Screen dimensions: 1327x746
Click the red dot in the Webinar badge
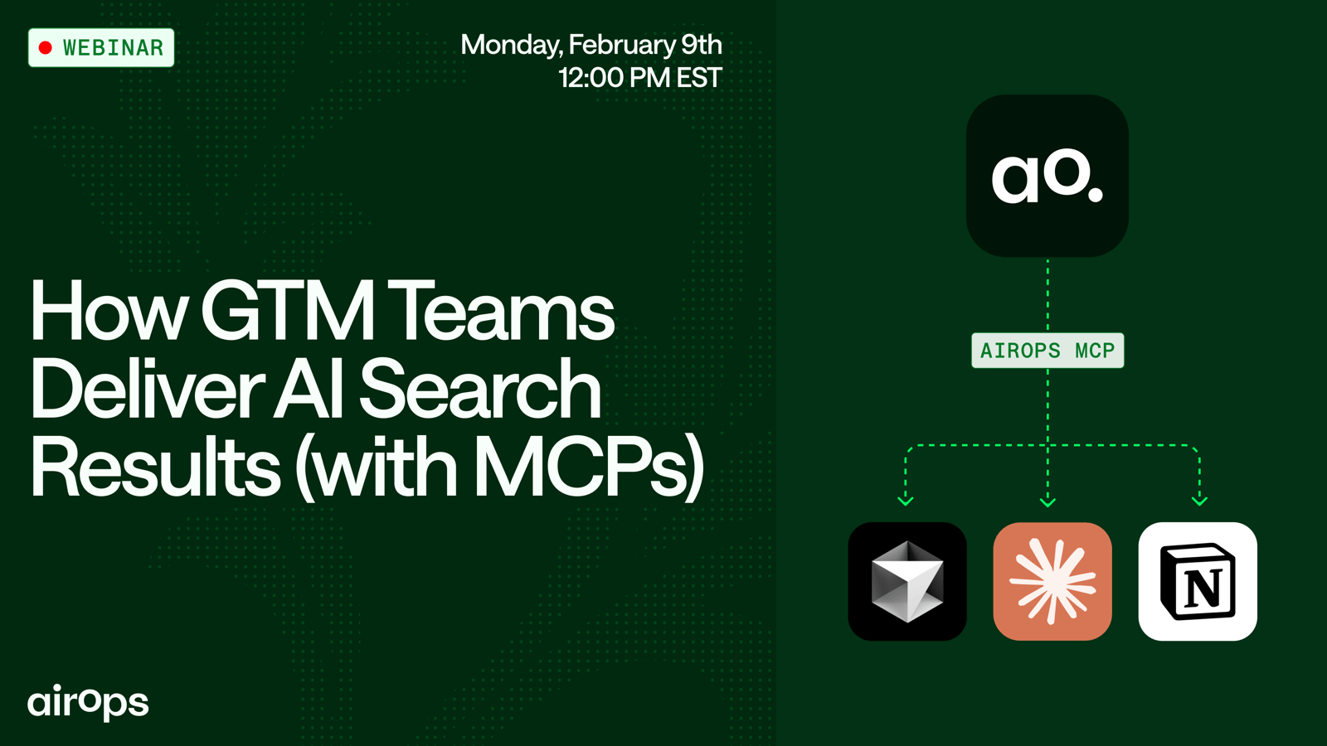46,48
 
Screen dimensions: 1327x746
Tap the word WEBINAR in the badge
113,48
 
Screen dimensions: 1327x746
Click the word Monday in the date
512,46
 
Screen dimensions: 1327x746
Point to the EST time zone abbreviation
700,78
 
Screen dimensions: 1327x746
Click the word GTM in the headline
288,310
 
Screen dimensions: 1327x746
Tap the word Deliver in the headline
148,389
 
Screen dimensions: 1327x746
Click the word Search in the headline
480,389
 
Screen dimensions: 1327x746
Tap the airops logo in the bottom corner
88,703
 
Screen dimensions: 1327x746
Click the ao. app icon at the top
1048,176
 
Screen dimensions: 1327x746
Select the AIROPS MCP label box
1048,351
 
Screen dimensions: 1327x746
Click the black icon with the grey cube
907,581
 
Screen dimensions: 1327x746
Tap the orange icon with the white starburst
1052,581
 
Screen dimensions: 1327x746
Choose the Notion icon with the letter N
1198,581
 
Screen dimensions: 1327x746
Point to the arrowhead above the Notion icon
1199,501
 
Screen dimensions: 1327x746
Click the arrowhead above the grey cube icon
905,501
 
